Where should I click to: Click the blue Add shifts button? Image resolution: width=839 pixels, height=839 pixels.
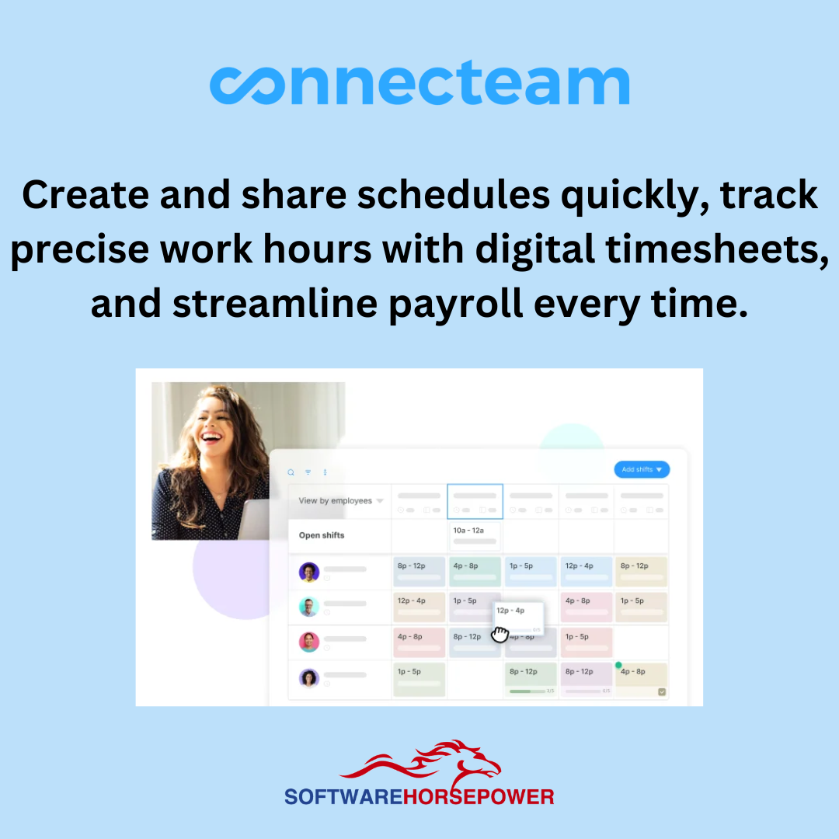coord(641,469)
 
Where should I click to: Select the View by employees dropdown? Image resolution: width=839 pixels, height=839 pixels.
coord(340,501)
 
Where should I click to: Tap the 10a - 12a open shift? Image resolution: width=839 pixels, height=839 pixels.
coord(474,535)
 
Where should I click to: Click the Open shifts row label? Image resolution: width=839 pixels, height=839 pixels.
coord(322,535)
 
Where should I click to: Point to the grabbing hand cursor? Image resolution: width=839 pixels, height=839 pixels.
coord(500,635)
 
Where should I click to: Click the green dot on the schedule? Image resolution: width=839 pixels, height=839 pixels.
coord(619,665)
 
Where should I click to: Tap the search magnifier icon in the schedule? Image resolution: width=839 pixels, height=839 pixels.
coord(291,472)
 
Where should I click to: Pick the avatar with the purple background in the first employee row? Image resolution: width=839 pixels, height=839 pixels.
coord(309,573)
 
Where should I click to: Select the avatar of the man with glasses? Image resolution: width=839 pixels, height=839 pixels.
coord(309,607)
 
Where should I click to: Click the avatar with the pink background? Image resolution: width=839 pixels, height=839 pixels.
coord(309,642)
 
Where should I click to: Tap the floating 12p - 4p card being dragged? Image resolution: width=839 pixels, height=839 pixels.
coord(518,614)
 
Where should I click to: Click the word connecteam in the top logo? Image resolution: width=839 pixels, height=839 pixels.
coord(419,85)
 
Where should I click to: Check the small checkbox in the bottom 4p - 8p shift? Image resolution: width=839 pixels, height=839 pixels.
coord(661,692)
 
